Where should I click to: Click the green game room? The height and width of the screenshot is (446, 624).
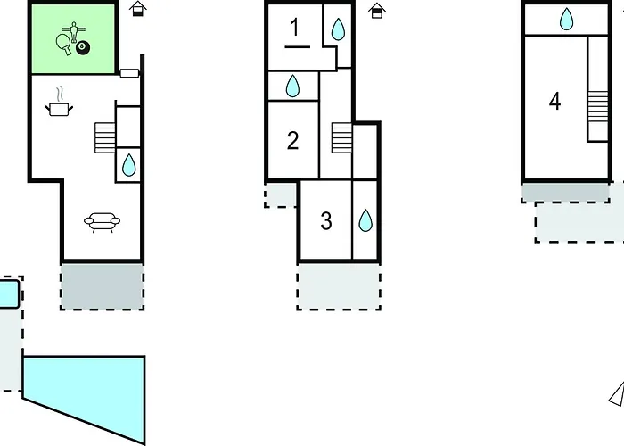point(73,38)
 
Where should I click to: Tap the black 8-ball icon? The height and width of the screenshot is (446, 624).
point(83,47)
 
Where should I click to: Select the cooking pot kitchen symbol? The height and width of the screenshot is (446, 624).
point(60,103)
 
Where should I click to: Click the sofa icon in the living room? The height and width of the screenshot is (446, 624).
point(102,222)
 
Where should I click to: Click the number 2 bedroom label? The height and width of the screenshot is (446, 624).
point(293,141)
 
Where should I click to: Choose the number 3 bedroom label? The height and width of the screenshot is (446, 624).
point(326,221)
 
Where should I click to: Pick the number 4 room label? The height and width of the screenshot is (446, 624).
point(554,101)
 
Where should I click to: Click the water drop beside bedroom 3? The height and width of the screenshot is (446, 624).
point(365,220)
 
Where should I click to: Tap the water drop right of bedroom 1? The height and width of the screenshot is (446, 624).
point(338,29)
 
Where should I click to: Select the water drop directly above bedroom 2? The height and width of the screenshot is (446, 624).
point(292,86)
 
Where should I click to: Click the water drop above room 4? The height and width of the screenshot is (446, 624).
point(566,19)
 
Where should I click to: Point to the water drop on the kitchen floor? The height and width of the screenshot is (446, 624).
point(128,165)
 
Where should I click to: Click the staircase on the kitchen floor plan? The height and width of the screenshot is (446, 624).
point(105,137)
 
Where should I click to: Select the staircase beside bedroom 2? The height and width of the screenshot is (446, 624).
point(341,137)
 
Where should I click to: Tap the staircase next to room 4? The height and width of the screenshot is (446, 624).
point(598,106)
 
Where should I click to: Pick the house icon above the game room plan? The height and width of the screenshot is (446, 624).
point(137,9)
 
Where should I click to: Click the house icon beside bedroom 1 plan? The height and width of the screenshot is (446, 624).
point(376,11)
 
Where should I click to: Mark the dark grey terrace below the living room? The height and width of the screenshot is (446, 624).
point(103,286)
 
